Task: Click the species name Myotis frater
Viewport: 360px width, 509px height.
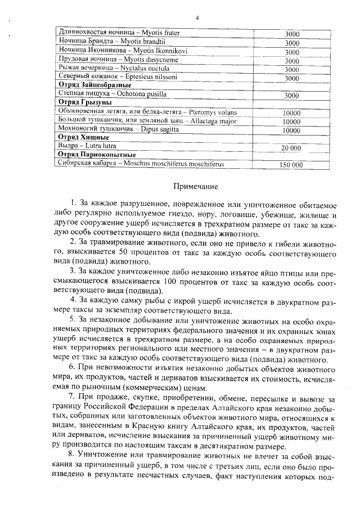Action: coord(160,33)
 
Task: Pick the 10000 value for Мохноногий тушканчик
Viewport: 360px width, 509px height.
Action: coord(291,130)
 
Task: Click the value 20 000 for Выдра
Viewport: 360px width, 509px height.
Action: coord(291,148)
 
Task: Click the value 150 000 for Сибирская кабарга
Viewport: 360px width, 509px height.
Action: coord(291,165)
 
